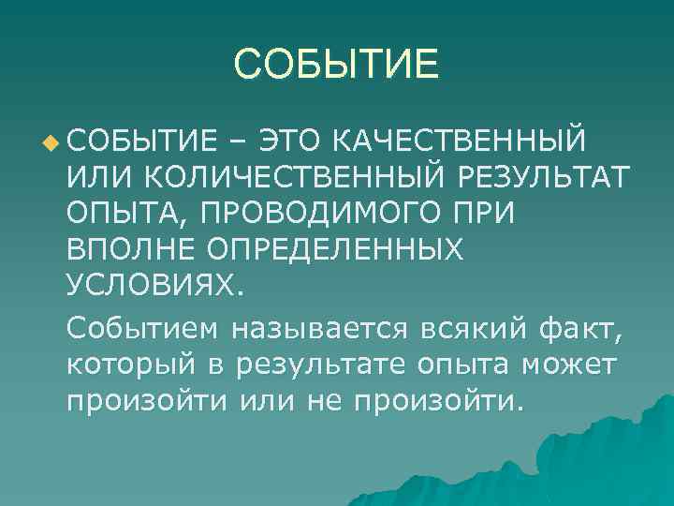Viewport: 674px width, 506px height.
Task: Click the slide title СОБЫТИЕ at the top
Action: pyautogui.click(x=336, y=65)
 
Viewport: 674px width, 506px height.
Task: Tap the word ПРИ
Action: pyautogui.click(x=481, y=212)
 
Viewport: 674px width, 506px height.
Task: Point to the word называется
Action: pyautogui.click(x=319, y=329)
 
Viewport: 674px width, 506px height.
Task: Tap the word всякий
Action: pyautogui.click(x=475, y=329)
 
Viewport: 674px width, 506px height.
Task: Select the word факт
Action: pyautogui.click(x=582, y=329)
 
